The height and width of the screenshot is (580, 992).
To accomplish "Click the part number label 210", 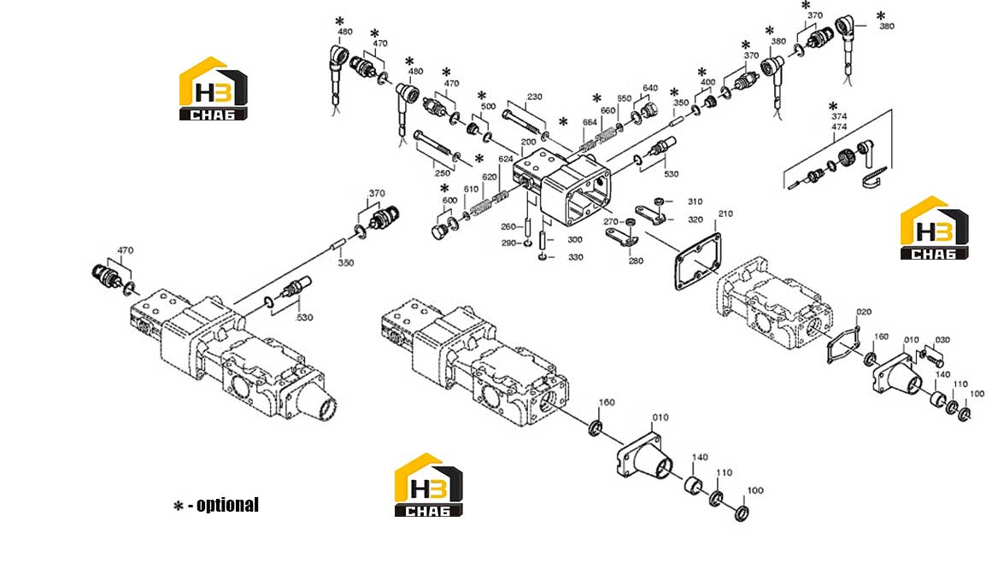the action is pyautogui.click(x=725, y=214).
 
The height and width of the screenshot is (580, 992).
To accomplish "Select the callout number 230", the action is pyautogui.click(x=535, y=97).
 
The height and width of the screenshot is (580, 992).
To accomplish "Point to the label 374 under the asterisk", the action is pyautogui.click(x=839, y=116).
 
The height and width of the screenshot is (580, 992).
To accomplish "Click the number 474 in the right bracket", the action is pyautogui.click(x=839, y=127).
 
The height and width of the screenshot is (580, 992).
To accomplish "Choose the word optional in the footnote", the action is pyautogui.click(x=228, y=505).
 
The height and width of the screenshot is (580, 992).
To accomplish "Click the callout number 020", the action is pyautogui.click(x=864, y=312).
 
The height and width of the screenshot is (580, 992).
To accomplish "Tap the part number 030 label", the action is pyautogui.click(x=942, y=340).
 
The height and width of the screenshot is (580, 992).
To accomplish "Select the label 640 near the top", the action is pyautogui.click(x=650, y=88).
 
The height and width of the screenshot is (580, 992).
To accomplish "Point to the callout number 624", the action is pyautogui.click(x=506, y=159).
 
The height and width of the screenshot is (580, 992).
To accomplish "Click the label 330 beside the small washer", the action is pyautogui.click(x=575, y=257).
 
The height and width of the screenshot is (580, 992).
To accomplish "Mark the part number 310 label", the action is pyautogui.click(x=695, y=201).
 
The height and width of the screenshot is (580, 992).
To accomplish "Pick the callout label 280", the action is pyautogui.click(x=636, y=261).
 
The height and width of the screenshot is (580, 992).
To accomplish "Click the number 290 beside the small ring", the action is pyautogui.click(x=508, y=243).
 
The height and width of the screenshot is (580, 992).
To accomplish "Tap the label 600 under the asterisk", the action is pyautogui.click(x=449, y=200).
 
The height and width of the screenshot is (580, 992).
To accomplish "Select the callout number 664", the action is pyautogui.click(x=590, y=122).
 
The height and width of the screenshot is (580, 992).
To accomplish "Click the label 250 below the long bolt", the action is pyautogui.click(x=443, y=173).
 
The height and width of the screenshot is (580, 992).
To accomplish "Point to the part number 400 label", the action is pyautogui.click(x=707, y=82).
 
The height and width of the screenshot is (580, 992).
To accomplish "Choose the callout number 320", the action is pyautogui.click(x=695, y=220).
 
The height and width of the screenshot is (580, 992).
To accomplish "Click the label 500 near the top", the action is pyautogui.click(x=488, y=106).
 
